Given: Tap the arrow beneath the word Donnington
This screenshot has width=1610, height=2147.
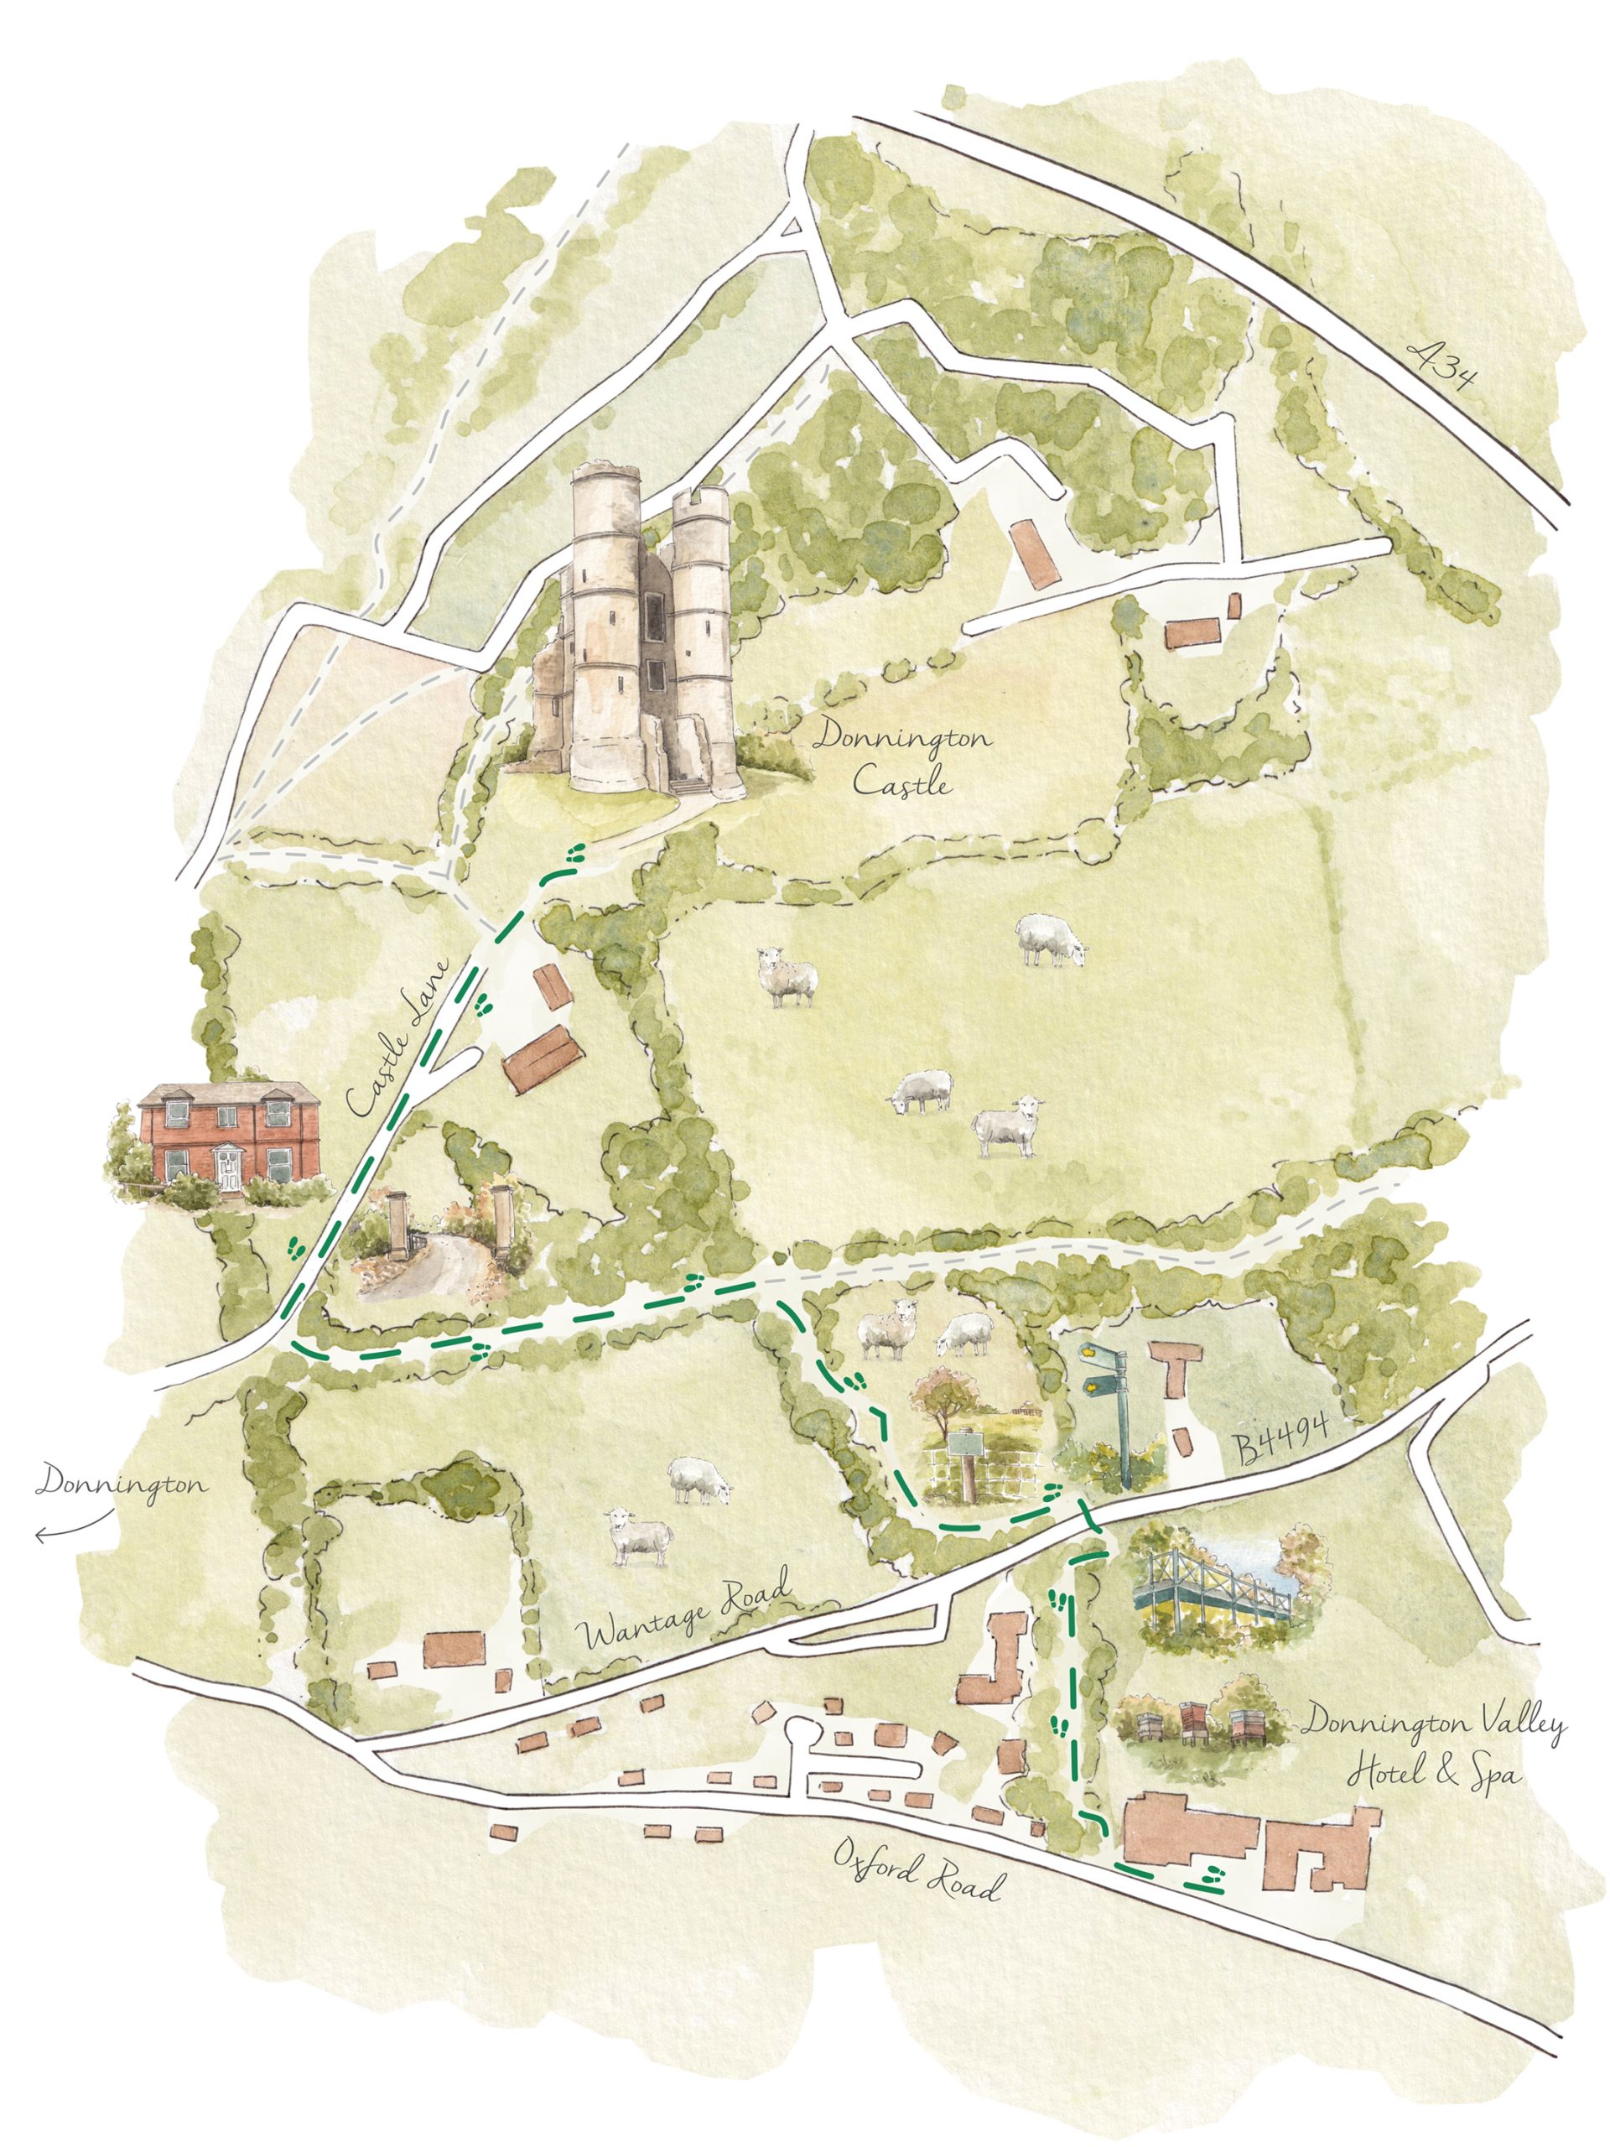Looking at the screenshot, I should [74, 1532].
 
